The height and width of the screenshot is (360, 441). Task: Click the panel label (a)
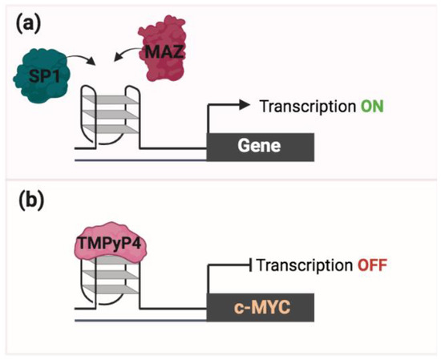(26, 23)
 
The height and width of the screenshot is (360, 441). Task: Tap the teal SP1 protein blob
(38, 78)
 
